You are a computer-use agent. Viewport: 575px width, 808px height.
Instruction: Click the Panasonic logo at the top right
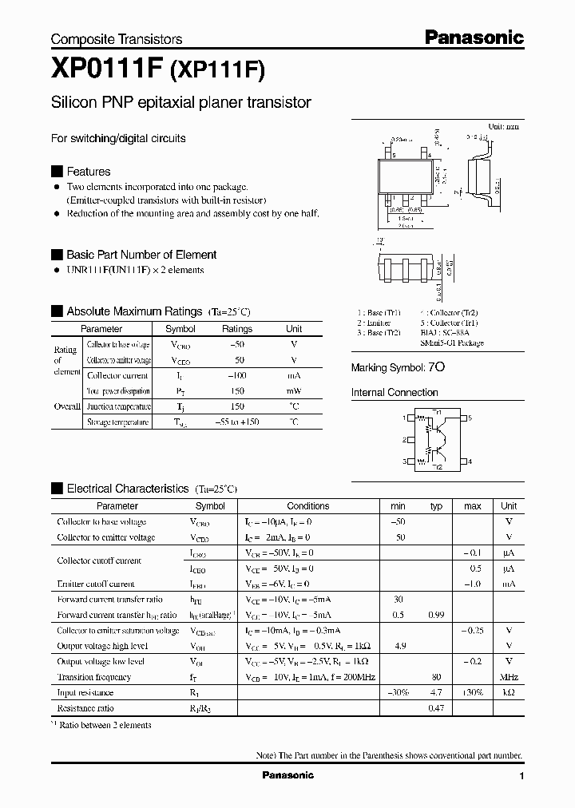click(474, 37)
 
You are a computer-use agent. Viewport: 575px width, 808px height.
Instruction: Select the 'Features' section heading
click(88, 171)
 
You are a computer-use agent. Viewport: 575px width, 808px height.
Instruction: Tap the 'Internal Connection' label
click(395, 393)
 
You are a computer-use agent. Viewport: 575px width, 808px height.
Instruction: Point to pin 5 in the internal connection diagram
click(470, 418)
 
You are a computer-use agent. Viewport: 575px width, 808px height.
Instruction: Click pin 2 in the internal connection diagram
click(406, 440)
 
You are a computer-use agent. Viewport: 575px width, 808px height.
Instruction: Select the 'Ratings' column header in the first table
click(236, 329)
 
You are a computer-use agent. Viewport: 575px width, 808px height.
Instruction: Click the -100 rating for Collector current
click(236, 375)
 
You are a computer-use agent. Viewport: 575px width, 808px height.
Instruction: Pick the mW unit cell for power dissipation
click(294, 391)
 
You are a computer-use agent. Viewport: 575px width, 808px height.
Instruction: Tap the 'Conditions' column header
click(308, 506)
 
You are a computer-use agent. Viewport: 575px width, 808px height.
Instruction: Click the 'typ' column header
click(436, 506)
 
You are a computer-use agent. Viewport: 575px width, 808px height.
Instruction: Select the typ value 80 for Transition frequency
click(436, 677)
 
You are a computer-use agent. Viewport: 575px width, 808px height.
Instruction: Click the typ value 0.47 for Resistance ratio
click(436, 708)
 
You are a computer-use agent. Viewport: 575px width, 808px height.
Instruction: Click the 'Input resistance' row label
click(85, 693)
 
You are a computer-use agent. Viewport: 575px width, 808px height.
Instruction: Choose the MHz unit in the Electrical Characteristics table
click(509, 677)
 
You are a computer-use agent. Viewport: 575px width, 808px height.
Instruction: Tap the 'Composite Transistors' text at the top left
click(117, 39)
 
